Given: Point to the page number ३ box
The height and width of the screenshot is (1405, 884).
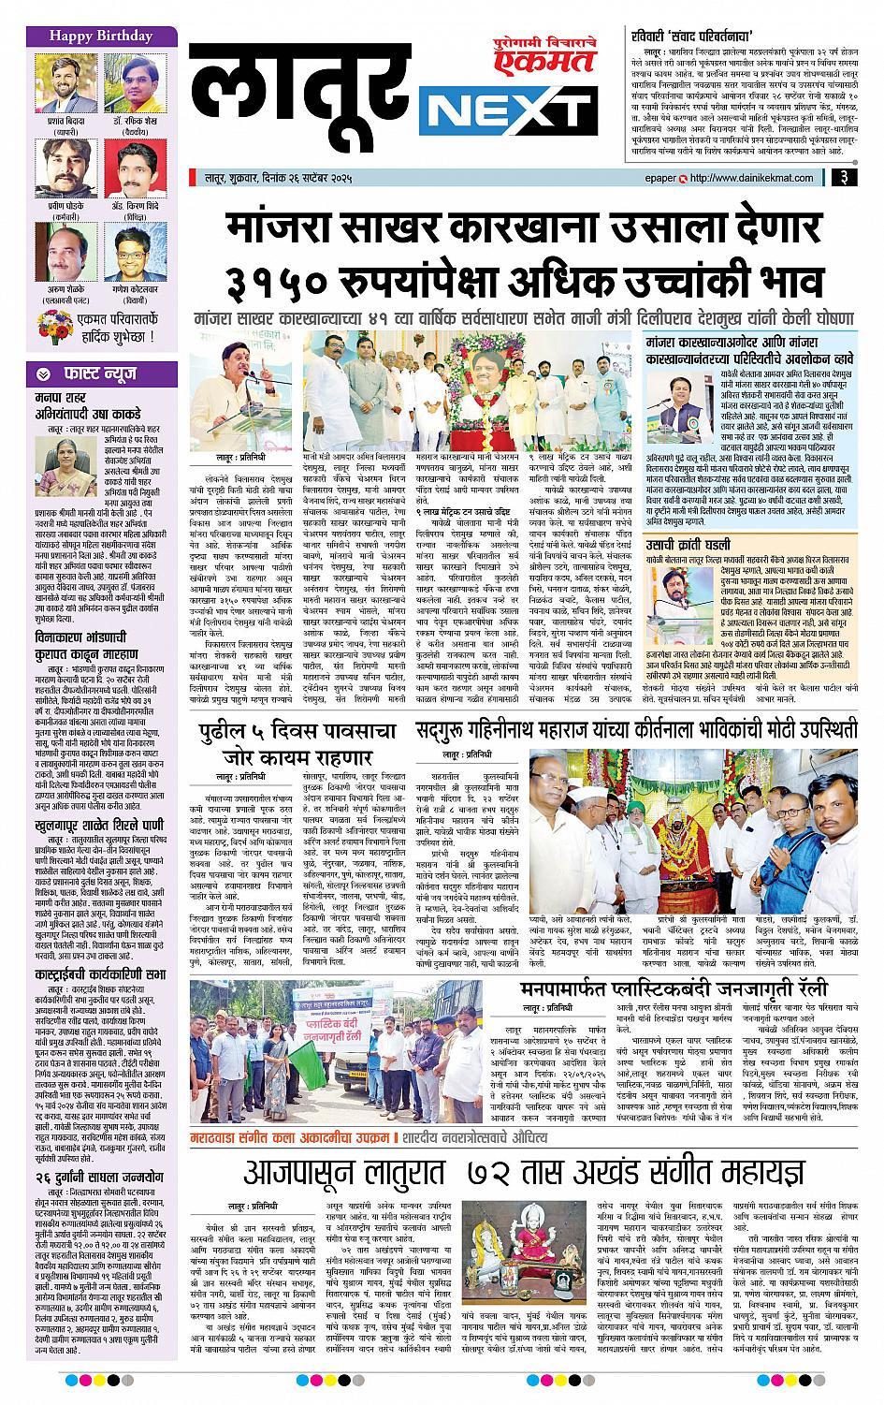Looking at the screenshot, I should pyautogui.click(x=843, y=175).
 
